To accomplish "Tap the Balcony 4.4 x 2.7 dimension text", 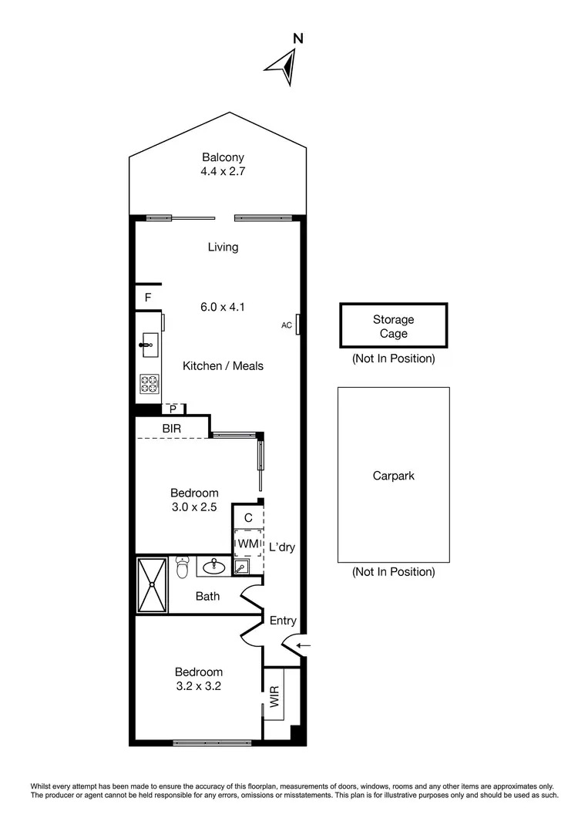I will tap(223, 172).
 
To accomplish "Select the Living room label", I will tap(223, 247).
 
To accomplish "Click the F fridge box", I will tap(148, 298).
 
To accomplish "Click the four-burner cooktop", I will tap(149, 383).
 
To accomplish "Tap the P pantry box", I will tap(173, 409).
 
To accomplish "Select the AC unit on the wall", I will tap(297, 325).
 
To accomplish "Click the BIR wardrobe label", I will tap(172, 427).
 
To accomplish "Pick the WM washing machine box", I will tap(247, 544).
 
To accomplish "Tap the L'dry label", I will tap(282, 547).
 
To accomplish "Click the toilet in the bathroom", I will tap(182, 567).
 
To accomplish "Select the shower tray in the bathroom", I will tap(152, 584).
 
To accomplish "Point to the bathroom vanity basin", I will tap(213, 568).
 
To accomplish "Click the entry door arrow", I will tap(304, 645).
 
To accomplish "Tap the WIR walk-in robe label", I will tap(274, 702).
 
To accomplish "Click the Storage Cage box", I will tap(393, 326).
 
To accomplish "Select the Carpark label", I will tap(393, 476).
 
